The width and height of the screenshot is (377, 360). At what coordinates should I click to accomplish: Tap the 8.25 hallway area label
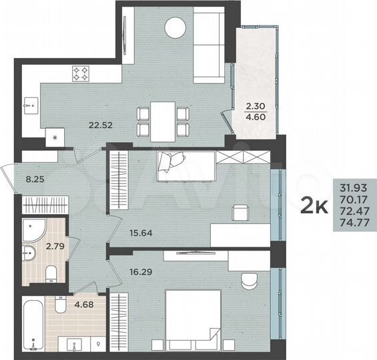click(34, 179)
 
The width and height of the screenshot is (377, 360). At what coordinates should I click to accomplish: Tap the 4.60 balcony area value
click(255, 116)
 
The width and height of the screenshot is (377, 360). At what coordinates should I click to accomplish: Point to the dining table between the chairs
click(163, 121)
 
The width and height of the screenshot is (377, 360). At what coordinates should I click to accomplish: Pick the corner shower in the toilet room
click(30, 231)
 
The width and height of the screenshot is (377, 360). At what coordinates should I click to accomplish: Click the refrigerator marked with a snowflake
click(54, 137)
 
